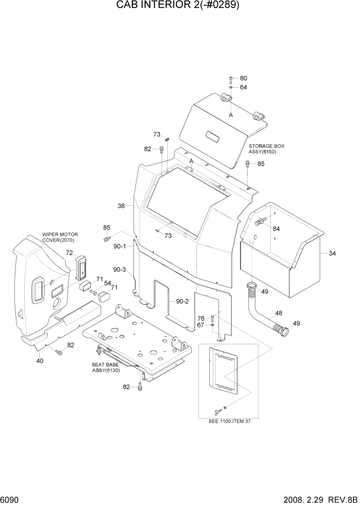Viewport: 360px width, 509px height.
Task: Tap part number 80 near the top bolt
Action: coord(243,79)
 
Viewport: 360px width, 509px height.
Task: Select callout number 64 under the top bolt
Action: coord(243,87)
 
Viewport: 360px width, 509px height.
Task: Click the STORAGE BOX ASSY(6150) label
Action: coord(266,149)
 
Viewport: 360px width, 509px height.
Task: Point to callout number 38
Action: coord(122,206)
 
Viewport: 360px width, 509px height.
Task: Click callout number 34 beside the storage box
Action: coord(332,253)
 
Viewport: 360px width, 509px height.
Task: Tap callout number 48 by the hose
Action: coord(278,313)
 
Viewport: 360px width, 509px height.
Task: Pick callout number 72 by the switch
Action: coord(69,253)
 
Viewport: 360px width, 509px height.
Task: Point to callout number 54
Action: coord(108,283)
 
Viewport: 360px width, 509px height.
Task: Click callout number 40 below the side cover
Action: coord(40,360)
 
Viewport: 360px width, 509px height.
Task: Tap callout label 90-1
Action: coord(119,246)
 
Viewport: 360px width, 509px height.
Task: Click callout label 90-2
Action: coord(182,301)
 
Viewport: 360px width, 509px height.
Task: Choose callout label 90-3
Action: coord(119,269)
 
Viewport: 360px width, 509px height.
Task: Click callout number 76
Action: coord(202,318)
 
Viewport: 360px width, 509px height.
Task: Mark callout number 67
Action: coord(202,325)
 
